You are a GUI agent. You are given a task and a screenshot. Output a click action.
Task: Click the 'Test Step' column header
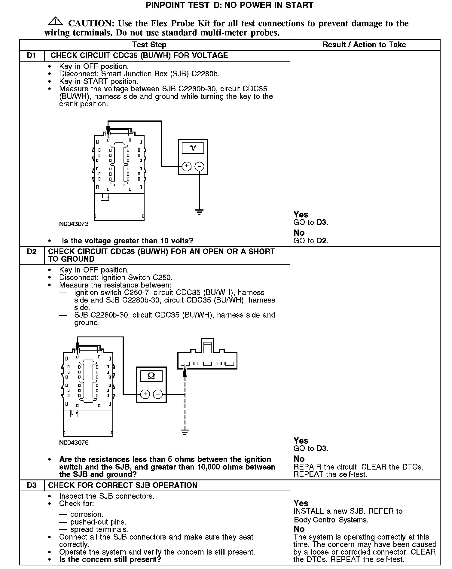[149, 45]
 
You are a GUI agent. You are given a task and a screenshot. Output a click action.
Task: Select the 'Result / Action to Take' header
[364, 45]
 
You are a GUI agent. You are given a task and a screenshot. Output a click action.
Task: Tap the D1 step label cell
[32, 56]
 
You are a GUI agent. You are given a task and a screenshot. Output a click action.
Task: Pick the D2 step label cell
[32, 251]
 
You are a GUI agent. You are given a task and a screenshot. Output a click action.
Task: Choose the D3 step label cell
[32, 485]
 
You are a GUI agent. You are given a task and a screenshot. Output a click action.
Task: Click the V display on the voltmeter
[193, 148]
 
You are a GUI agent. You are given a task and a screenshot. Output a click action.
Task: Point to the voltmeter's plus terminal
[187, 166]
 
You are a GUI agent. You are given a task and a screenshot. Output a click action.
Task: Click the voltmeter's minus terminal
[199, 166]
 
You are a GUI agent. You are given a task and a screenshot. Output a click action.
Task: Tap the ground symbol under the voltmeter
[199, 212]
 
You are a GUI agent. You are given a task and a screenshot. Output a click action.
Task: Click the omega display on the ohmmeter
[151, 376]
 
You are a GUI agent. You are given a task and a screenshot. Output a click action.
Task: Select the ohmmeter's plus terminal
[145, 394]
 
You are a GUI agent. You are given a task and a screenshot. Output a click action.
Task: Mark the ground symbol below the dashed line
[185, 432]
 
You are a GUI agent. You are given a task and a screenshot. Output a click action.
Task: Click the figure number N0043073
[74, 224]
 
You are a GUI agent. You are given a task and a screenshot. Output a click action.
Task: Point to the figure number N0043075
[74, 443]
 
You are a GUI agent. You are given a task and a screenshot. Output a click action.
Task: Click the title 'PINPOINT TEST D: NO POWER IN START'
[229, 5]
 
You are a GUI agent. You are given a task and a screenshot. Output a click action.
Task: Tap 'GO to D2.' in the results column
[311, 241]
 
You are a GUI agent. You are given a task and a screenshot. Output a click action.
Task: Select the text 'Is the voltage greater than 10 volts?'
[127, 241]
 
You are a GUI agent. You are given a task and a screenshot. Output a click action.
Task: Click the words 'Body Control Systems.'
[331, 520]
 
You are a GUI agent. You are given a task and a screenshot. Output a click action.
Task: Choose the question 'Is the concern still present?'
[110, 559]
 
